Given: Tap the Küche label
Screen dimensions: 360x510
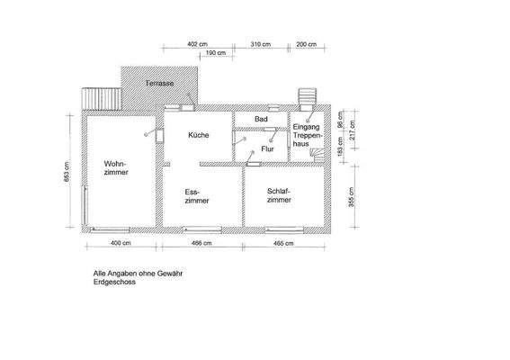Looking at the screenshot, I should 199,135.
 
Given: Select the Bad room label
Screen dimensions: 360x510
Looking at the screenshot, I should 261,120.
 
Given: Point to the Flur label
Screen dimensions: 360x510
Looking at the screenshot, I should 267,148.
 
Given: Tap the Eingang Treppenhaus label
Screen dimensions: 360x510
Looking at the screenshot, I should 307,135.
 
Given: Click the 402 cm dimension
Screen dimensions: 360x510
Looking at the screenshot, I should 197,43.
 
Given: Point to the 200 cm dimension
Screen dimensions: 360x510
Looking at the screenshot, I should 307,43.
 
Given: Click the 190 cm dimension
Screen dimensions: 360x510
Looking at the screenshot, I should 215,54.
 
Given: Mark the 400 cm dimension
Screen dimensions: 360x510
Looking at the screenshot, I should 121,244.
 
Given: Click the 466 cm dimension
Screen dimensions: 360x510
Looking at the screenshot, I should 201,244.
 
